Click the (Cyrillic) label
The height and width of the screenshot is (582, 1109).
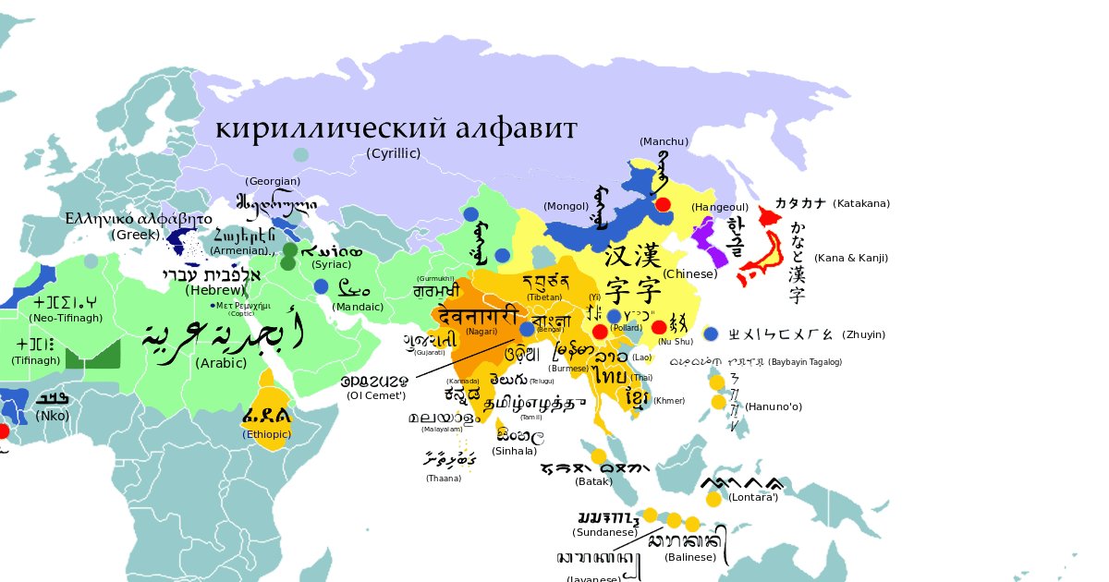(394, 152)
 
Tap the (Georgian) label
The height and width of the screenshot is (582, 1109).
(274, 181)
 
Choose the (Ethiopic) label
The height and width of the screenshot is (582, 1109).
(267, 434)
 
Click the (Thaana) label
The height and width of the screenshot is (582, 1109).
(444, 479)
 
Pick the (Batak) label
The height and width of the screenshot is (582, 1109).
(593, 481)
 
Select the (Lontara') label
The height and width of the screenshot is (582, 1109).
(754, 498)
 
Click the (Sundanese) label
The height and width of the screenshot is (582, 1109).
(605, 532)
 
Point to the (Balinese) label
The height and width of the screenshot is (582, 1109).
(690, 557)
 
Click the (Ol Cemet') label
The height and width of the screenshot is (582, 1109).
(377, 395)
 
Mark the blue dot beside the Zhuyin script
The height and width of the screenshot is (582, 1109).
(711, 333)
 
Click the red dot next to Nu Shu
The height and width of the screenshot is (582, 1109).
(659, 327)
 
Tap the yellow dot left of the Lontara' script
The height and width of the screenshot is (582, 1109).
(713, 499)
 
